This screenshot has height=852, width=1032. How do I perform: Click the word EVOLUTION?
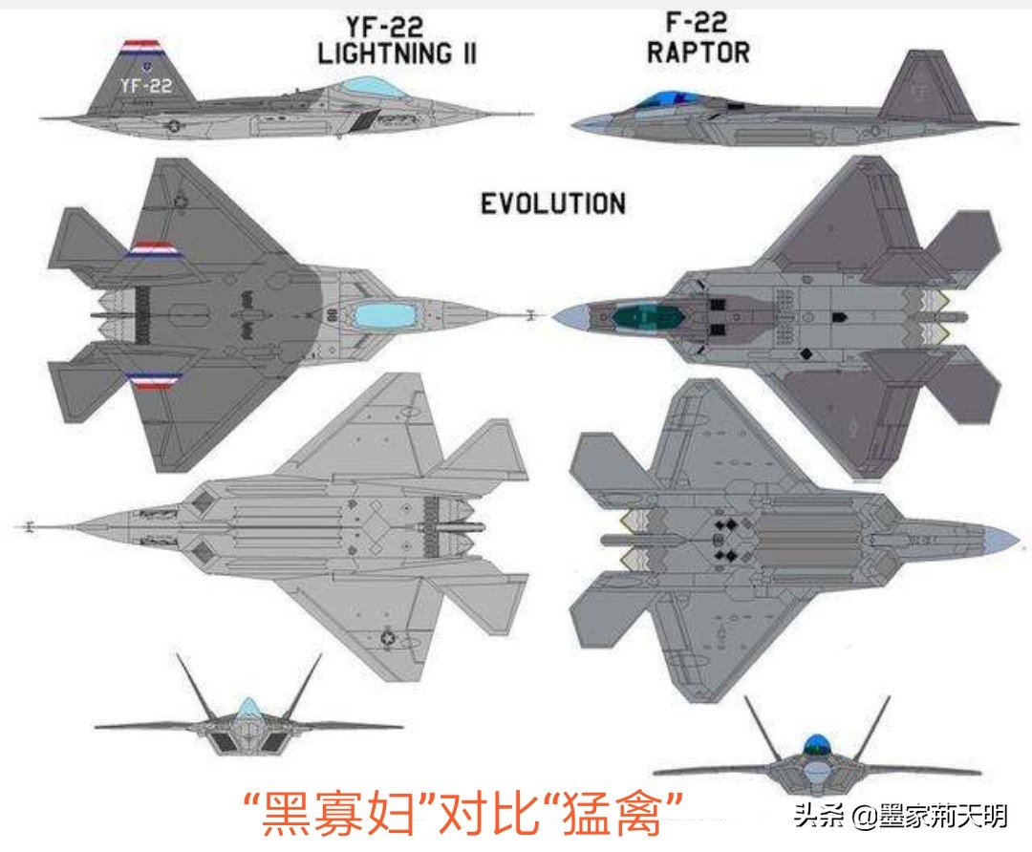tap(552, 203)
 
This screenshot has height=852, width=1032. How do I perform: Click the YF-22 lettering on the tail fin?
tap(146, 86)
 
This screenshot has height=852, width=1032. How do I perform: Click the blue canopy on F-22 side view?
tap(663, 99)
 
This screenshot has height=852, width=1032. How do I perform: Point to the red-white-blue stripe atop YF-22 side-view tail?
tap(142, 45)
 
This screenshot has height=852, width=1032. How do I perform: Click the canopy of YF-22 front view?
tap(248, 708)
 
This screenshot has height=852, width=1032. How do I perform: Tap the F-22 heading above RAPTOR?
tap(696, 21)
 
